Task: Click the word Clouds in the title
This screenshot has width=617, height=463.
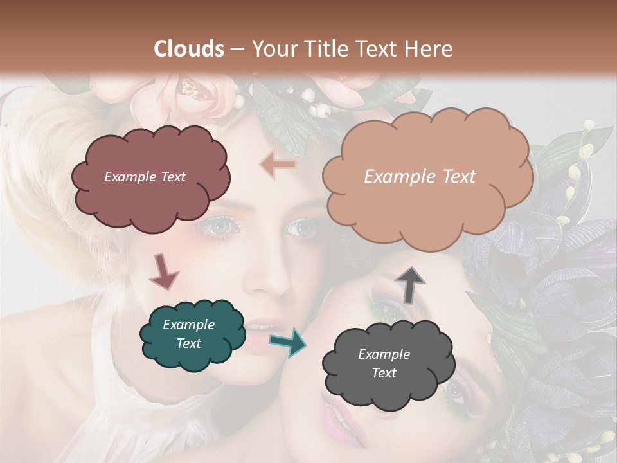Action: point(189,49)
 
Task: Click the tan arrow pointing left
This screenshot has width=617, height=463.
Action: point(278,165)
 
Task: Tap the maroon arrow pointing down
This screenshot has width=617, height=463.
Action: point(163,271)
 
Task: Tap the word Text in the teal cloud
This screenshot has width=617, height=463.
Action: point(188,343)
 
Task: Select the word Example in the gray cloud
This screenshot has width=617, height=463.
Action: point(384,354)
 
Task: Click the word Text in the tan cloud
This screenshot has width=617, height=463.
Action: point(458,177)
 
